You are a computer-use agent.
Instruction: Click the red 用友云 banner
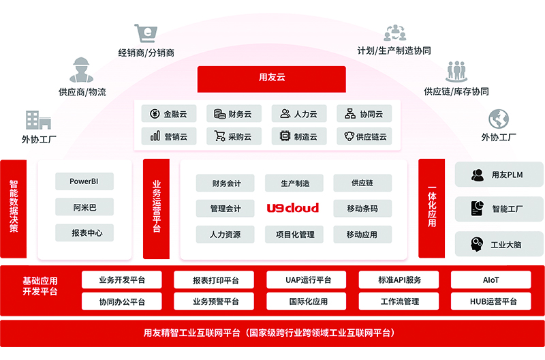tap(271, 79)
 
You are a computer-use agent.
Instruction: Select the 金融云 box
tap(169, 113)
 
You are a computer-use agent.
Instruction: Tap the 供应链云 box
tap(364, 136)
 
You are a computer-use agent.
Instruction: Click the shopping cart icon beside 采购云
tap(219, 136)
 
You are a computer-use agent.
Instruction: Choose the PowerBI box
tap(84, 181)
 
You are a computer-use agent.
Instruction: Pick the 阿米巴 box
tap(84, 207)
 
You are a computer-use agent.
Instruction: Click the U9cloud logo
tap(293, 208)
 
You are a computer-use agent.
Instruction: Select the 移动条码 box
tap(362, 209)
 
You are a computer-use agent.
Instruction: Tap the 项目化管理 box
tap(294, 235)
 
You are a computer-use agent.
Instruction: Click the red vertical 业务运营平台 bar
tap(157, 209)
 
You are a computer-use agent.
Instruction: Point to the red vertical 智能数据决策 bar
tap(14, 209)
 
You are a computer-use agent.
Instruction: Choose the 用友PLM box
tap(499, 175)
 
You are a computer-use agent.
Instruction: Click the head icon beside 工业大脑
tap(476, 244)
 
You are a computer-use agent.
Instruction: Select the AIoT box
tap(490, 280)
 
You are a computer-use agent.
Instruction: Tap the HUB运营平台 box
tap(490, 301)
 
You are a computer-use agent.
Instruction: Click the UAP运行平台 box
tap(306, 280)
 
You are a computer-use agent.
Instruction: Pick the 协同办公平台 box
tap(122, 301)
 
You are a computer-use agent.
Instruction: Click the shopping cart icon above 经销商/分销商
tap(146, 33)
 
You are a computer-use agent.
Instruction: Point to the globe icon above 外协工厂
tap(499, 119)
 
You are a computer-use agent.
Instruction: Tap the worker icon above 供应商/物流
tap(81, 70)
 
